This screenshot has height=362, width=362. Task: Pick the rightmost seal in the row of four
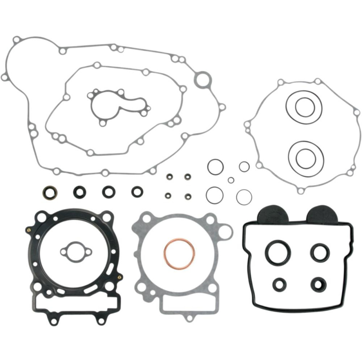138,191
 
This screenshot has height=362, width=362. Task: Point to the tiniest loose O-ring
231,180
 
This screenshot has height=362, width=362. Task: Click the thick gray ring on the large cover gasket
203,79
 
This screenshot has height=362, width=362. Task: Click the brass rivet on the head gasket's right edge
121,276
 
